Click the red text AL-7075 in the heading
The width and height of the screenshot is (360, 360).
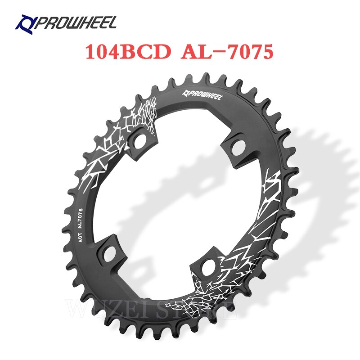click(x=227, y=53)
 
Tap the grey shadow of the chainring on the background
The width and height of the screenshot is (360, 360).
click(x=315, y=180)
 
